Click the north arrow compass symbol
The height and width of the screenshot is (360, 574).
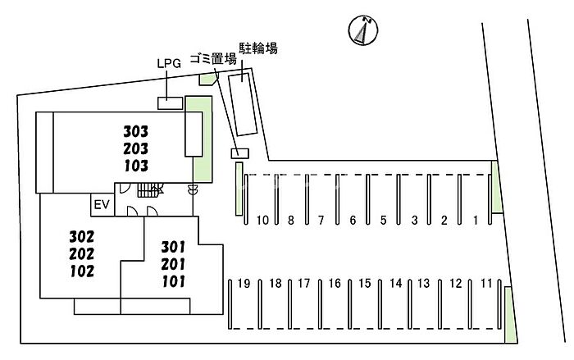point(361,31)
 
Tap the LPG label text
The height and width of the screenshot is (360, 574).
point(168,62)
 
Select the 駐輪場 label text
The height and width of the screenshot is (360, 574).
point(257,49)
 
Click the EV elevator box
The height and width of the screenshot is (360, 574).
point(102,204)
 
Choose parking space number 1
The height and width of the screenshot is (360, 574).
point(476,220)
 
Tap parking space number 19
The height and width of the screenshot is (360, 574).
point(244,284)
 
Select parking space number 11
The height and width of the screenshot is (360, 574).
point(486,284)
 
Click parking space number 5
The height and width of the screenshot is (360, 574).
point(383,220)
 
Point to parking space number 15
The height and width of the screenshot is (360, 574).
point(365,284)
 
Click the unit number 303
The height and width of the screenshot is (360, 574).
point(136,131)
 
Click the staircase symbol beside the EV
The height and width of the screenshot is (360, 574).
point(148,190)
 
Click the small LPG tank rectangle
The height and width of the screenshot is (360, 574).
point(170,103)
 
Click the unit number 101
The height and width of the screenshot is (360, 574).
point(172,280)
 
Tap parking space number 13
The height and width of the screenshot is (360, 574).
point(424,284)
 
